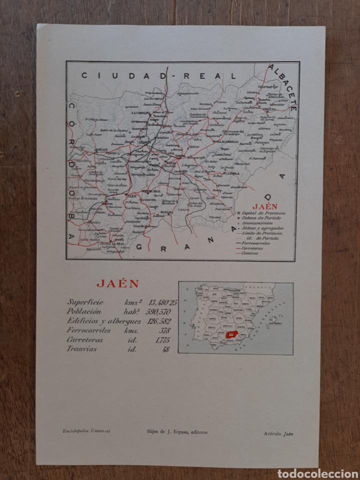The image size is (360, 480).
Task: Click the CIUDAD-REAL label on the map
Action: (158, 76)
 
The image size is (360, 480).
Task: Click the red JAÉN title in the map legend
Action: (265, 205)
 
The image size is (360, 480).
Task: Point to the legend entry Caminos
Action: (251, 253)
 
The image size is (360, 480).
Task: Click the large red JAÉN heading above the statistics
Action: (117, 283)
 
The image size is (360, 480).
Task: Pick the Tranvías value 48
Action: (165, 349)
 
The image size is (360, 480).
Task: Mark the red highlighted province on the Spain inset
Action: (231, 334)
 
